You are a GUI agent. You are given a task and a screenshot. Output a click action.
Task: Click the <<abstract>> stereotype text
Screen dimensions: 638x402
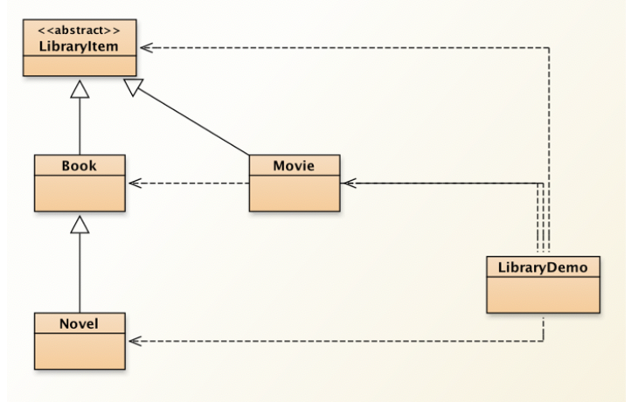(79, 31)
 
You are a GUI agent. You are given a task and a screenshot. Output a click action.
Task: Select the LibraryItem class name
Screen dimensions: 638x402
(79, 46)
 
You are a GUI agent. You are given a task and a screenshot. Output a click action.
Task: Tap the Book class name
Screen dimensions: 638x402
(80, 165)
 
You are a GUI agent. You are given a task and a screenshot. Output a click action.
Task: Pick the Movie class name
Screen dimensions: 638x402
(294, 165)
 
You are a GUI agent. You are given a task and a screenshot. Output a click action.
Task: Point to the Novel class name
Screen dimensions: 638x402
(79, 323)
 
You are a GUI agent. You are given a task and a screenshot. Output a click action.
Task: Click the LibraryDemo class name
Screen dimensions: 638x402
(543, 267)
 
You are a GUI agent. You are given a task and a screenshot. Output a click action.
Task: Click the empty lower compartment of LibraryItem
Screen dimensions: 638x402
(80, 66)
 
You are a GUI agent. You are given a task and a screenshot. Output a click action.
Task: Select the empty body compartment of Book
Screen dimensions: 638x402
(80, 194)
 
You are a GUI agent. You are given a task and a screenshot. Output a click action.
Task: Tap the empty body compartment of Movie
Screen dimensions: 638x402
(295, 194)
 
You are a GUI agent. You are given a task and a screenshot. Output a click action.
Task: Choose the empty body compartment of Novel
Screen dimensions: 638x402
(80, 351)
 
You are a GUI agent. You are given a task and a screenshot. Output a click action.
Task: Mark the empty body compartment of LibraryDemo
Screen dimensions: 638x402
(544, 295)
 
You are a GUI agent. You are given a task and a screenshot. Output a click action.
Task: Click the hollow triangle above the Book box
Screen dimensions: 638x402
(80, 89)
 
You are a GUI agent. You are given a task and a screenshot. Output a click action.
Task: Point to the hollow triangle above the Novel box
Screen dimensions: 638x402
(80, 225)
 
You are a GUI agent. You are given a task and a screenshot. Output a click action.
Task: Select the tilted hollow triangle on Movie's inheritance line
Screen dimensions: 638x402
(133, 87)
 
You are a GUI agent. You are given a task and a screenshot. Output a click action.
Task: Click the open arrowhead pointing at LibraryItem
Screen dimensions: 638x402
(147, 47)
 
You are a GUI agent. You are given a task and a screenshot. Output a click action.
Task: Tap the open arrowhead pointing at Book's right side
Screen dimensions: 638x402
(135, 184)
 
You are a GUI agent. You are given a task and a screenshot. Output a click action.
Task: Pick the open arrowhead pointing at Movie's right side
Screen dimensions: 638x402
(349, 184)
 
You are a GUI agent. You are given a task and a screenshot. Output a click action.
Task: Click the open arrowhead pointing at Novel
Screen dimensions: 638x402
(135, 341)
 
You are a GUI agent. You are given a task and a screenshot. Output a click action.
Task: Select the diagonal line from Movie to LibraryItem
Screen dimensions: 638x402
(194, 121)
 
